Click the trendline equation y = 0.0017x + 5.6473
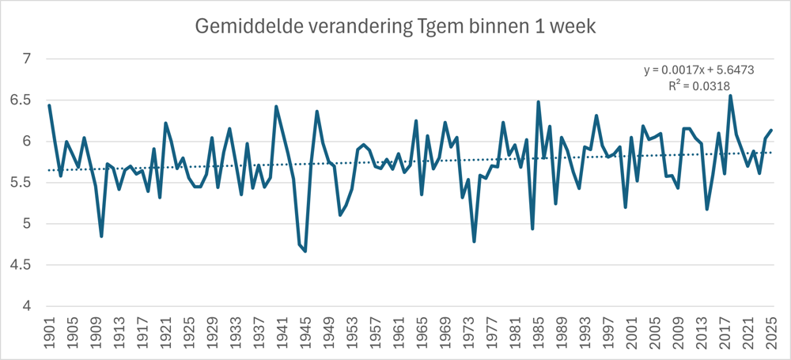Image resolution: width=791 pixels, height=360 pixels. [698, 70]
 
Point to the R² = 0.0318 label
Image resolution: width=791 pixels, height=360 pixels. [698, 86]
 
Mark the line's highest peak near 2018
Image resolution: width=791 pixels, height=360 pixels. [730, 96]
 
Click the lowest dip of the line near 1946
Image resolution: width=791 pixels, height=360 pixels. [305, 251]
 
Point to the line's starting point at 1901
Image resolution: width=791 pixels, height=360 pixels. [49, 105]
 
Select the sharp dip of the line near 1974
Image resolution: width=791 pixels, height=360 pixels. [474, 241]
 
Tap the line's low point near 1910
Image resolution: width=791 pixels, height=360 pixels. [101, 236]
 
